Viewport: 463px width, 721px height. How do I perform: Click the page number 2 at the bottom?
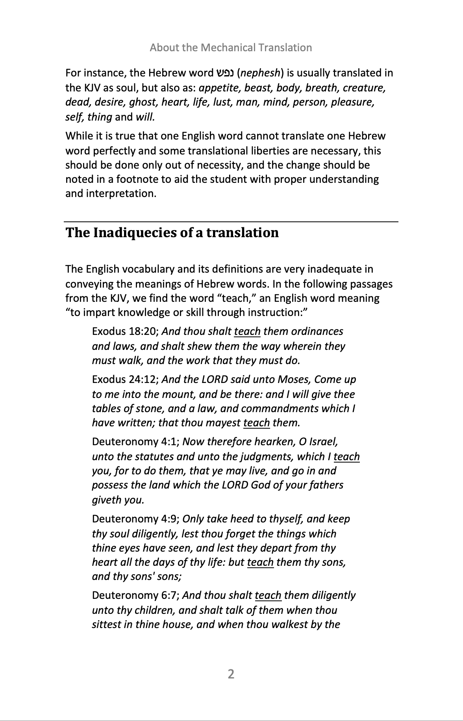[x=231, y=674]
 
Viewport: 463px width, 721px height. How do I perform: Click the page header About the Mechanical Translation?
[x=231, y=48]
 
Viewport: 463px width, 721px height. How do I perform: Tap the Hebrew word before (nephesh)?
[x=225, y=73]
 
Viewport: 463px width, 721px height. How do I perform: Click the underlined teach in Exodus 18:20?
[x=247, y=331]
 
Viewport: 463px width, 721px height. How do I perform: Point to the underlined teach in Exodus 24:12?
[x=256, y=423]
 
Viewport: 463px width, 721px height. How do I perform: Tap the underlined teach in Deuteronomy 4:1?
[x=346, y=457]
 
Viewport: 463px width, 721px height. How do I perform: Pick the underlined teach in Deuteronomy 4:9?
[x=260, y=562]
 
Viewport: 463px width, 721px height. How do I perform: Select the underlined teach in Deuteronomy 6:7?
[x=268, y=595]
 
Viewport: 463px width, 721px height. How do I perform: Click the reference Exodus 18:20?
[x=125, y=331]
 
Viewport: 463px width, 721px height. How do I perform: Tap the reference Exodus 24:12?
[x=125, y=379]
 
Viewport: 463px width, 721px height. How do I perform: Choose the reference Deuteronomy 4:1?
[x=135, y=442]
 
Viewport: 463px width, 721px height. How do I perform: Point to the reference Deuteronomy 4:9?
[x=135, y=519]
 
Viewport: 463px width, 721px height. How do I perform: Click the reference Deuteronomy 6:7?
[x=135, y=595]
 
